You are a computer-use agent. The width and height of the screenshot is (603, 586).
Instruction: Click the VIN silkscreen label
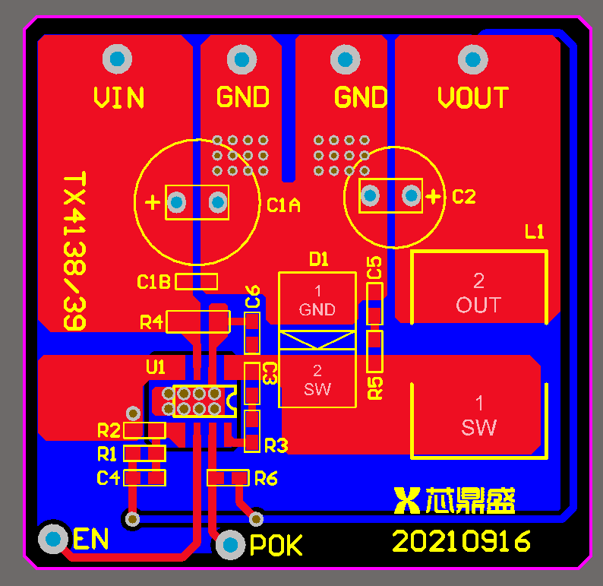[119, 98]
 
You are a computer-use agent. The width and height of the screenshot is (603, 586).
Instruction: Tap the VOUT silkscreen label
[472, 98]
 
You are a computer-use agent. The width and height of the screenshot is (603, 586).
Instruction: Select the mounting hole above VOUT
[472, 59]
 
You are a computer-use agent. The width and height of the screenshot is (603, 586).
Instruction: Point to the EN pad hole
[54, 539]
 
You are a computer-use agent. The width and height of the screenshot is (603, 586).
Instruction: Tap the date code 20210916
[461, 542]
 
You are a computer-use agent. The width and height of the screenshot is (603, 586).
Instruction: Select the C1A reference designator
[284, 204]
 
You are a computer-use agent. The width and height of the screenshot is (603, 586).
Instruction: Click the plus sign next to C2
[433, 197]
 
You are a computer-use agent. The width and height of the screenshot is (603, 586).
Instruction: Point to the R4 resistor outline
[197, 322]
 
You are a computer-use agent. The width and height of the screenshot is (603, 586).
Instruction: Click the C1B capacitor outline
[197, 282]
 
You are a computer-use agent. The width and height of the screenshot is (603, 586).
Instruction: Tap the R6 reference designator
[266, 478]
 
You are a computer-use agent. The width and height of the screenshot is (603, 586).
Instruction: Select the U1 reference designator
[156, 367]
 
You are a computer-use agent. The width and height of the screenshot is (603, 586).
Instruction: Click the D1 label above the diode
[319, 260]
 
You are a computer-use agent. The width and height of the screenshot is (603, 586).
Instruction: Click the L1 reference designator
[535, 232]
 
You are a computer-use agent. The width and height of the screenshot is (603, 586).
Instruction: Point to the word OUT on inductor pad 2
[478, 306]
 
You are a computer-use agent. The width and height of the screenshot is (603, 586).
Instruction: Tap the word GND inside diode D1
[317, 309]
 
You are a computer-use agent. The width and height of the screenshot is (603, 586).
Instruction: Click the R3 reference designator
[276, 445]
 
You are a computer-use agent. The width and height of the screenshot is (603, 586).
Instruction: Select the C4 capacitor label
[108, 478]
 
